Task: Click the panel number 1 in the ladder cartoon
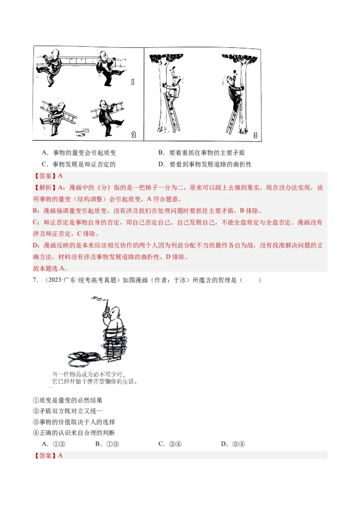132,81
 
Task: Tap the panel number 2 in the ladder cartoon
134,134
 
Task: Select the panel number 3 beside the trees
256,135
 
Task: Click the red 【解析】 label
44,188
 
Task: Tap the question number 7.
35,280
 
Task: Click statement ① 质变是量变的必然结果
68,400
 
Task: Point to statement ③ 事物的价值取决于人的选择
74,422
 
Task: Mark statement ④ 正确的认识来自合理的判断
74,433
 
